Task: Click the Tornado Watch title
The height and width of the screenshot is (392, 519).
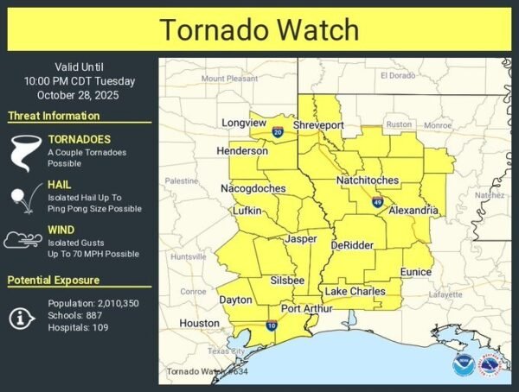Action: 259,29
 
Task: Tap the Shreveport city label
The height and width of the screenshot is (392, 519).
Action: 318,125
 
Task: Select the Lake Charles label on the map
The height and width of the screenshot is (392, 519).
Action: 355,292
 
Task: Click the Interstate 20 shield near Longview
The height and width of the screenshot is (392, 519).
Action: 278,132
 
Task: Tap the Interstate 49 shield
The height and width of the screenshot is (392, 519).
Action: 378,201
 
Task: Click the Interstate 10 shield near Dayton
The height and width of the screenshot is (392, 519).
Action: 272,326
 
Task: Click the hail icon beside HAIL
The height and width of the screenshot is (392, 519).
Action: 22,197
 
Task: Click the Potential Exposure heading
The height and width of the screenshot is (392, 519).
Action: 54,281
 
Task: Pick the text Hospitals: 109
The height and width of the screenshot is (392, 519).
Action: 79,328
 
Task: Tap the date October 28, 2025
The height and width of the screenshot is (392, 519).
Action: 80,95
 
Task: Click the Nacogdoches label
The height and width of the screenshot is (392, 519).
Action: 253,188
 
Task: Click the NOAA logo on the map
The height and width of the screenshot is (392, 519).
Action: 463,364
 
